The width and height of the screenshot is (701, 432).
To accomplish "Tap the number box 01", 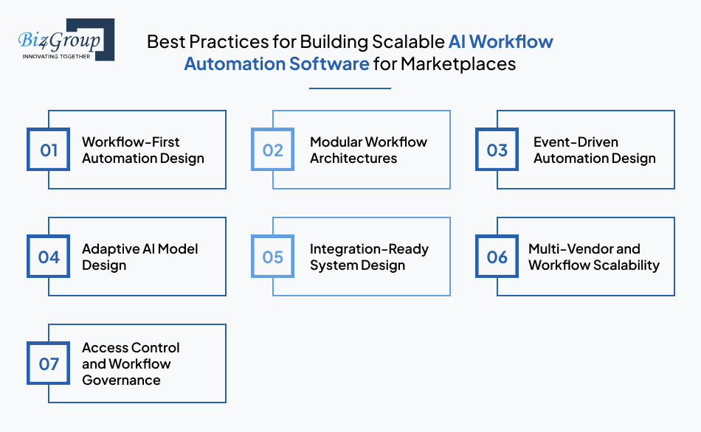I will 49,150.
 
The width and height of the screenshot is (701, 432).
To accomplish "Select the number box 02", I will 273,150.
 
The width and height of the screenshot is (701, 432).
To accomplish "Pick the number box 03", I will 497,150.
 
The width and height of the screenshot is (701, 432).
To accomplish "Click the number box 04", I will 49,257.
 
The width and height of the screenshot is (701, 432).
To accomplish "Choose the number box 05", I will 273,257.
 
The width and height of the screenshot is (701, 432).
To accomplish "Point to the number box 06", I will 497,257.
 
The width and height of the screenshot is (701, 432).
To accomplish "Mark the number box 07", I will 49,364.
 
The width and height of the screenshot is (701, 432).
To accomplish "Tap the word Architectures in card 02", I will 353,158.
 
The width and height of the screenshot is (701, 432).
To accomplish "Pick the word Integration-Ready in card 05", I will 369,248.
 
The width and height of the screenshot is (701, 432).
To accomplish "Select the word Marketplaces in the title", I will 458,64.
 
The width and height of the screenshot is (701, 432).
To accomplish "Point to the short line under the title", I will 350,88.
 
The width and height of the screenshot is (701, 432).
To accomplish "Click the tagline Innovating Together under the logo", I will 56,56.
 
